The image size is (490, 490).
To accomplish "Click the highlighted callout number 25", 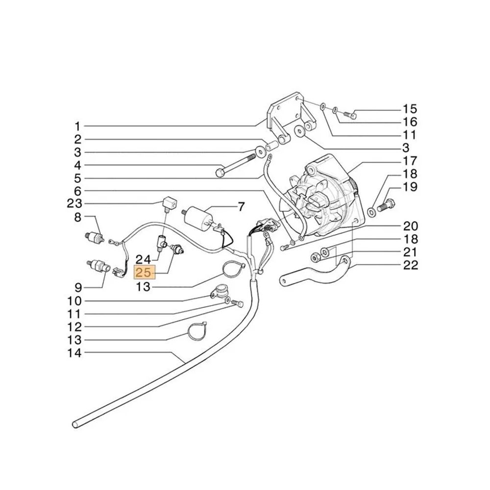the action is tap(144, 272).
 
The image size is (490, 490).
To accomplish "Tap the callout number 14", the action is tap(74, 353).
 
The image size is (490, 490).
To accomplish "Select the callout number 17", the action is tap(410, 161).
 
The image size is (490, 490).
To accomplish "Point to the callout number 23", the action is tap(74, 204).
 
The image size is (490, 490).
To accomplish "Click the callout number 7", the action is tap(241, 207).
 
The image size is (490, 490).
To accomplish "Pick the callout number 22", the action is tap(410, 265).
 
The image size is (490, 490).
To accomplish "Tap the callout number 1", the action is tap(77, 126).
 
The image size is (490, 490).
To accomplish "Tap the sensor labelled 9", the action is tap(98, 266).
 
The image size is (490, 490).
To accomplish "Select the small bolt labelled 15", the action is tap(351, 115).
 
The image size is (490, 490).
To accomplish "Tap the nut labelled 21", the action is tap(315, 258).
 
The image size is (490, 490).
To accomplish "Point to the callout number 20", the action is tap(410, 225).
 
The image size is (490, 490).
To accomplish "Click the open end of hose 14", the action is tap(75, 424).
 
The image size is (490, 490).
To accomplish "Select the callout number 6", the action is tap(77, 191).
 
